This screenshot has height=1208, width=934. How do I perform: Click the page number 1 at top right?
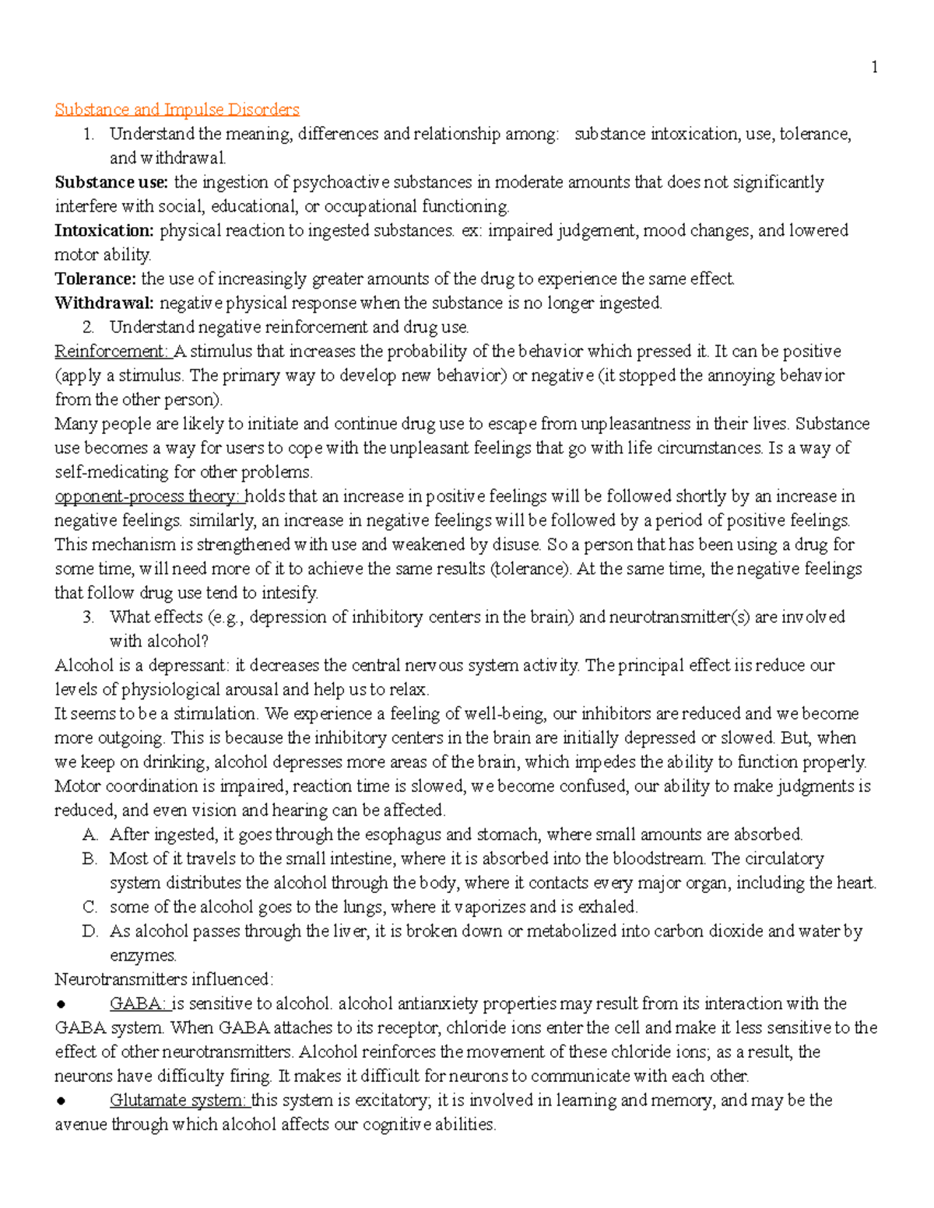click(x=874, y=68)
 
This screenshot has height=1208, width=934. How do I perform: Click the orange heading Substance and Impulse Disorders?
click(x=177, y=110)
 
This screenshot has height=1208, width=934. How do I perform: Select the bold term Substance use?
click(x=111, y=183)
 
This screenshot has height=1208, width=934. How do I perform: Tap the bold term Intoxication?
click(x=104, y=231)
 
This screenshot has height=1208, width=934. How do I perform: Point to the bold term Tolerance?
click(x=95, y=279)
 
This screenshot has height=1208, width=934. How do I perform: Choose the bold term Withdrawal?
click(x=104, y=303)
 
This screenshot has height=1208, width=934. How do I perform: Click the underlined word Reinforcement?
click(x=112, y=352)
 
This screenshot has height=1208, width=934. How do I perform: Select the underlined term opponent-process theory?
click(x=148, y=496)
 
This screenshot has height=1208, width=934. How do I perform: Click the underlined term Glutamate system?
click(x=177, y=1101)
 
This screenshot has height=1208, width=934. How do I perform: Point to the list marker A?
click(x=90, y=835)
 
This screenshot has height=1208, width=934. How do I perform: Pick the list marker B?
click(x=90, y=859)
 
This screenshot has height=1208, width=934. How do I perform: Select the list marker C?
click(x=90, y=907)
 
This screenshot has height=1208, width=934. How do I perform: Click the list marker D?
click(x=90, y=931)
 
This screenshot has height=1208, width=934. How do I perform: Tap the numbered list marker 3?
click(x=89, y=618)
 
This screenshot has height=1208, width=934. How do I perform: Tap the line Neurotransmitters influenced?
click(x=163, y=979)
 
